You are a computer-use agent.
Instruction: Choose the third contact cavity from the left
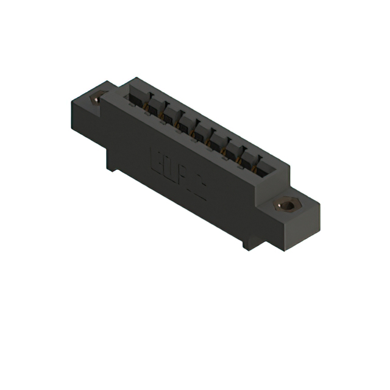click(x=169, y=113)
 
